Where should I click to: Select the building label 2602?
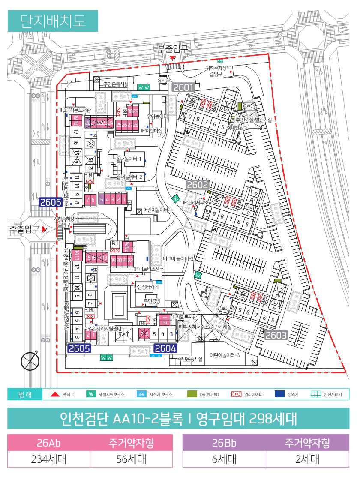[198, 185]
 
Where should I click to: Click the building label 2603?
[276, 335]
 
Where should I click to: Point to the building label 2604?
[165, 348]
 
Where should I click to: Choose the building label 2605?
[79, 348]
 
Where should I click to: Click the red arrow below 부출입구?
[173, 57]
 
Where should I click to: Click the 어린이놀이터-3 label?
[225, 355]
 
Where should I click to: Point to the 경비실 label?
[163, 79]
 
